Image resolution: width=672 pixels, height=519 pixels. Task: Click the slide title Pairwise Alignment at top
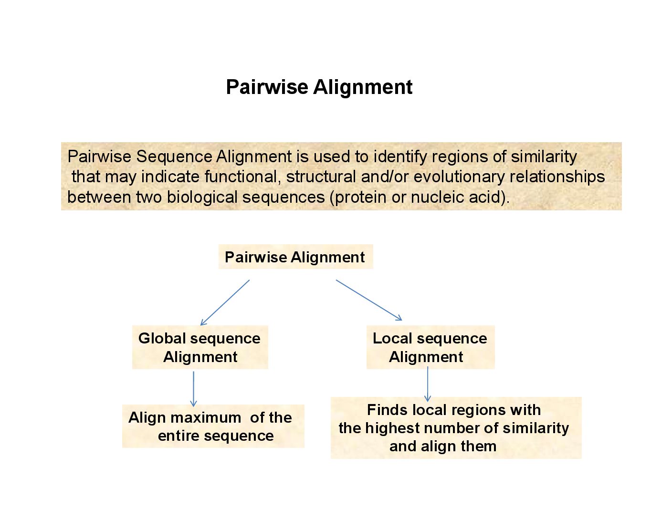[319, 87]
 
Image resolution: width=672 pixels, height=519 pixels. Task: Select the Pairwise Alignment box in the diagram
[295, 257]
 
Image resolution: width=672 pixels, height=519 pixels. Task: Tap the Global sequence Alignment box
[199, 347]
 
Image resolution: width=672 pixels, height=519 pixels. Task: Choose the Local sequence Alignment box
[430, 347]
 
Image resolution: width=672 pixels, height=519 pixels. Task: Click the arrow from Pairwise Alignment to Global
[225, 302]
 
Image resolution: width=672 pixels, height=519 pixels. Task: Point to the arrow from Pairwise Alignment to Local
[368, 300]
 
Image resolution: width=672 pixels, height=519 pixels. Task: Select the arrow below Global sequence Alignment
[193, 388]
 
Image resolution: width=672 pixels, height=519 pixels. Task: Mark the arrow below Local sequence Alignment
[428, 384]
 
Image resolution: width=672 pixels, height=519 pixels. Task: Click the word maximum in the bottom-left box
[205, 417]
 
